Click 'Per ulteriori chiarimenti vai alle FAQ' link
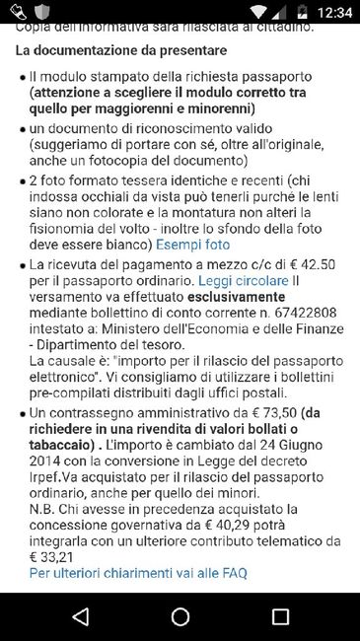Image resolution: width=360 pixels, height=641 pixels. coord(138,573)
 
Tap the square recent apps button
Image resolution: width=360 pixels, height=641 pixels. coord(280,617)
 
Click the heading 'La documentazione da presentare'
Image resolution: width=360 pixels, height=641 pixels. coord(120,49)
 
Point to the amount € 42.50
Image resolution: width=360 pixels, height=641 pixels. coord(316,263)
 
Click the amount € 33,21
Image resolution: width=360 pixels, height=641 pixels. coord(51,557)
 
